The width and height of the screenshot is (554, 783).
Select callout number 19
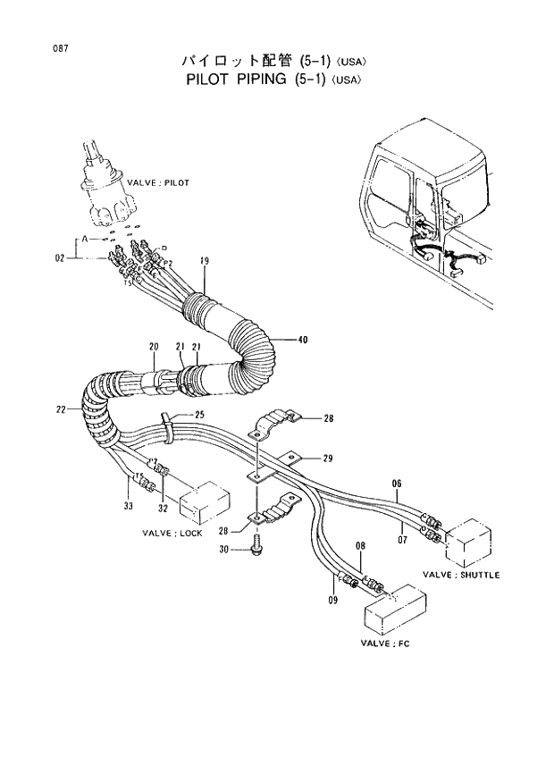click(205, 261)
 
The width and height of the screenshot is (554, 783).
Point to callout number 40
click(302, 340)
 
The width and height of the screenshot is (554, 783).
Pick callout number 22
click(60, 410)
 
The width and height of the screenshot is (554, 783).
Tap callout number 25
click(198, 415)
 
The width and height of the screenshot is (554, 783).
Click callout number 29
click(328, 459)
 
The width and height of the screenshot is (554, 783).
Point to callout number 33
click(129, 507)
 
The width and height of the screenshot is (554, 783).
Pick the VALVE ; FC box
click(394, 608)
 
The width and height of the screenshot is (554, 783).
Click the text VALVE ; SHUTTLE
click(461, 575)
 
